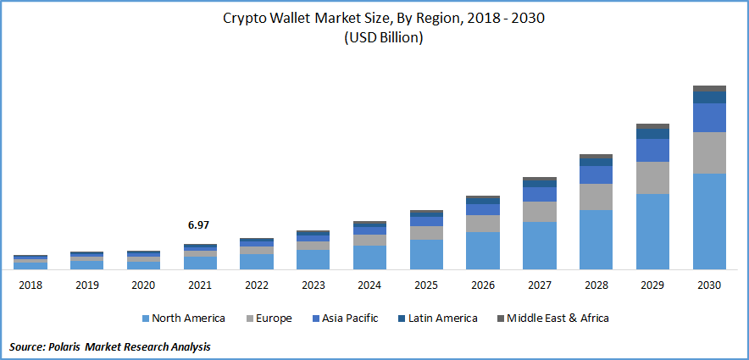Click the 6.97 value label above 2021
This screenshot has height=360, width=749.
click(199, 225)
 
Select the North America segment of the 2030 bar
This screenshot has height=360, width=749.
click(709, 221)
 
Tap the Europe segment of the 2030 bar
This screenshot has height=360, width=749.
click(709, 153)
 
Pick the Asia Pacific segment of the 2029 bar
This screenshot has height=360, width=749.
click(652, 150)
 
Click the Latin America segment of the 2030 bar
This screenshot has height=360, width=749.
click(709, 97)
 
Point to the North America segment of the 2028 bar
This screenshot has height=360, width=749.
click(596, 239)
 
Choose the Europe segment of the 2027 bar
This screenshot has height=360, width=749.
click(540, 212)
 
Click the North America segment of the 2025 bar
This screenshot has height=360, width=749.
click(426, 254)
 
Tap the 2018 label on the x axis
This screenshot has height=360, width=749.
click(31, 285)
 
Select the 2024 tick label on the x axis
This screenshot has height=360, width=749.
click(369, 285)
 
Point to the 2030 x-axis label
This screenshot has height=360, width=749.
click(709, 285)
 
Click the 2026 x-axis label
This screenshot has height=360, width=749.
click(483, 285)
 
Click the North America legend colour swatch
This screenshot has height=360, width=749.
click(146, 318)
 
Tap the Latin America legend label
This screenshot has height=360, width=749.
click(441, 318)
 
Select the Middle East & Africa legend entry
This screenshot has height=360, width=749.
click(558, 318)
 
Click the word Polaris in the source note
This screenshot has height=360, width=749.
click(72, 347)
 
